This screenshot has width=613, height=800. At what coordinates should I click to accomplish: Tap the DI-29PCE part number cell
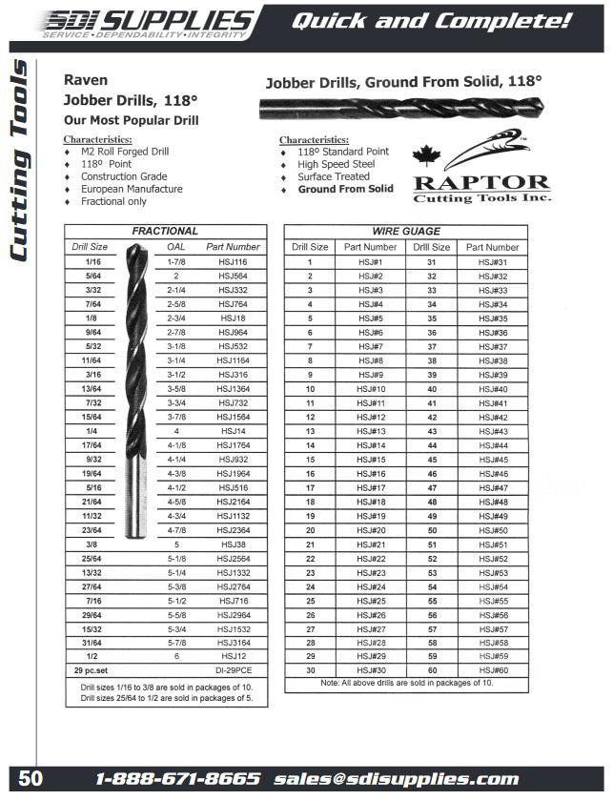click(x=233, y=671)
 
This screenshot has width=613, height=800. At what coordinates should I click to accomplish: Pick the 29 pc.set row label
click(x=92, y=671)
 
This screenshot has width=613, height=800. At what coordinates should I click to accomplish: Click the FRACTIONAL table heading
click(x=165, y=231)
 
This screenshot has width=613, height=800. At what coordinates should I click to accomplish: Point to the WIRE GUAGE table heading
click(x=406, y=231)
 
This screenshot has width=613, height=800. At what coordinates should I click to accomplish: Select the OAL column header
click(x=175, y=247)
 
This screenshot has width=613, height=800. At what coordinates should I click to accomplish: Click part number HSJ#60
click(x=492, y=669)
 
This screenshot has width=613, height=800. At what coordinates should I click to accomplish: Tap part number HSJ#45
click(x=492, y=459)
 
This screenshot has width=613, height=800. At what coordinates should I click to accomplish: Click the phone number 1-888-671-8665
click(x=178, y=779)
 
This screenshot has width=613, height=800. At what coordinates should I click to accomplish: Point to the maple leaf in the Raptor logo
click(x=425, y=154)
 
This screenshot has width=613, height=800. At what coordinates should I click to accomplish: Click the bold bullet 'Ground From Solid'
click(x=345, y=189)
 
